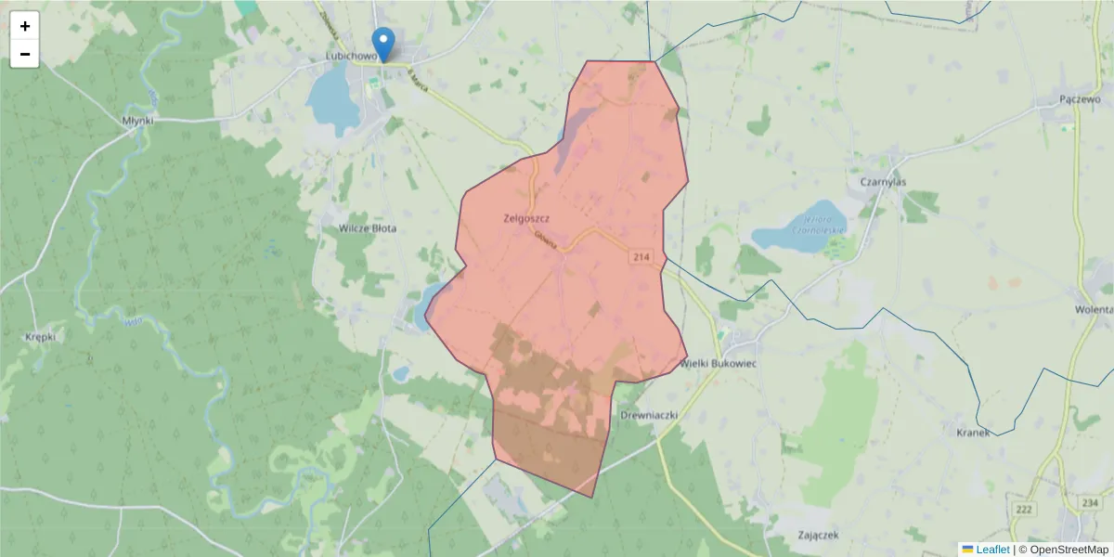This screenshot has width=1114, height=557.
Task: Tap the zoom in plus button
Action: tap(25, 26)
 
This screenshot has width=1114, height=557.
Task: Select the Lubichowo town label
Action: tap(350, 56)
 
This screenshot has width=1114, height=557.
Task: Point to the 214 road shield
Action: tap(641, 256)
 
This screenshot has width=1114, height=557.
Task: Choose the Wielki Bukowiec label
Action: tap(719, 364)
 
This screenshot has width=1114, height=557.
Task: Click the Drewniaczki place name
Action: tap(650, 414)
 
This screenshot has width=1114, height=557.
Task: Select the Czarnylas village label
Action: tap(883, 183)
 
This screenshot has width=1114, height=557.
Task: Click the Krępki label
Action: tap(41, 337)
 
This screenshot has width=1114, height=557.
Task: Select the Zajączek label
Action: tap(819, 535)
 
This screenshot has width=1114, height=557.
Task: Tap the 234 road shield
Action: tap(1090, 502)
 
